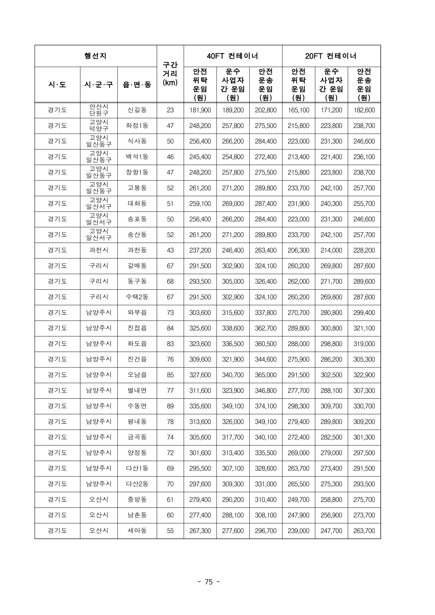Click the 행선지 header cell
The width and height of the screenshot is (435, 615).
(95, 56)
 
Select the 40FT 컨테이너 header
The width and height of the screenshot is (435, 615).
(232, 56)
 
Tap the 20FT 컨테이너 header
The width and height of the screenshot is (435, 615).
(331, 56)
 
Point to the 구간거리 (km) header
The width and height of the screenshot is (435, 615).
(170, 74)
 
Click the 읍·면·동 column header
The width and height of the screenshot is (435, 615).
(137, 84)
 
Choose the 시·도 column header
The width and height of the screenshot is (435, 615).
(57, 84)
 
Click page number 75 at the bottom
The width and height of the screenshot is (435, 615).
(209, 582)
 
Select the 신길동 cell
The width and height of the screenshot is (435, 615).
(137, 110)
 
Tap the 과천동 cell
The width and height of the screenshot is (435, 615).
(137, 250)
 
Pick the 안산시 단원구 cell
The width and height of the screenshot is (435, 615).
(99, 110)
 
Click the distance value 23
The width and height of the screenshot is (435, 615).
(170, 110)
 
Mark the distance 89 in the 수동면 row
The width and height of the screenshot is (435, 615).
(170, 406)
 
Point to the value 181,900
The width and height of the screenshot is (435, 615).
(200, 110)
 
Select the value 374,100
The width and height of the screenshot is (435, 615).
(266, 406)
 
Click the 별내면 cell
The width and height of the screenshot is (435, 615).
(137, 391)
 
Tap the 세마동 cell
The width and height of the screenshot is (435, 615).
(137, 531)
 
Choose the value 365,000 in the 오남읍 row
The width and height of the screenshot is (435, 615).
(266, 375)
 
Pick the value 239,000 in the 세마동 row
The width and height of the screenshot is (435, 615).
(298, 531)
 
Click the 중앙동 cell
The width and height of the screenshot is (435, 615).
(137, 500)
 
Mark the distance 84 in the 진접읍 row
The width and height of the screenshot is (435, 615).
(170, 328)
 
